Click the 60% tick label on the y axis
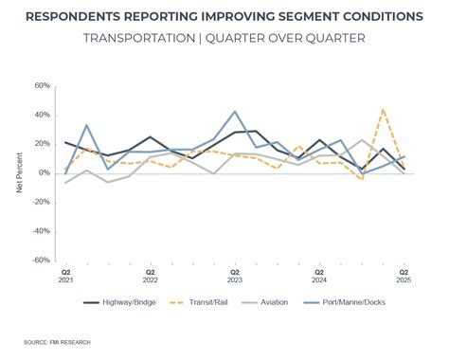[x=42, y=85]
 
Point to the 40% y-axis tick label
[x=42, y=115]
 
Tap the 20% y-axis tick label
[x=42, y=144]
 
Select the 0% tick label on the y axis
[x=45, y=172]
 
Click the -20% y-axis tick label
[x=40, y=202]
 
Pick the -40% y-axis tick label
[x=40, y=231]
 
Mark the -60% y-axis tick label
[x=40, y=260]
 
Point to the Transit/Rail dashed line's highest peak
[x=383, y=110]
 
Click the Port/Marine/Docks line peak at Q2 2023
[x=235, y=112]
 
